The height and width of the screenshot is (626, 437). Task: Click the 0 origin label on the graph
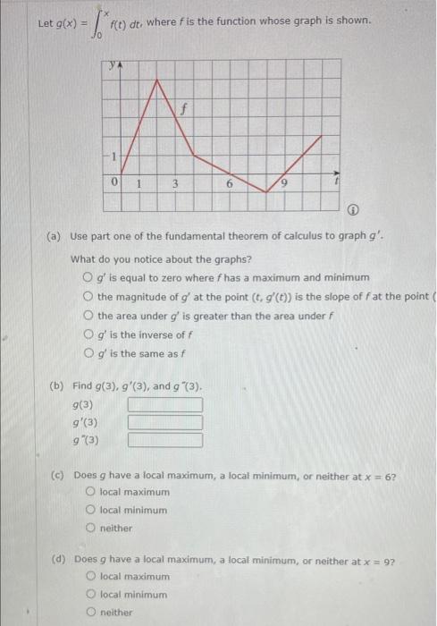[115, 182]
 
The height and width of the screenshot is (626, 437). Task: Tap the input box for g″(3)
[164, 439]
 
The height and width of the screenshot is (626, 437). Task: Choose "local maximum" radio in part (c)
[91, 492]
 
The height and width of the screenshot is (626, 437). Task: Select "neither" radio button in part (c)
[91, 528]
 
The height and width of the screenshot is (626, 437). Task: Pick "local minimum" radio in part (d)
[91, 594]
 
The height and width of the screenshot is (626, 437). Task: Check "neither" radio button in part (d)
[91, 612]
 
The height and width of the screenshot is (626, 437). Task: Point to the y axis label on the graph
[113, 65]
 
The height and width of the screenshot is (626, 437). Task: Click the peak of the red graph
[157, 78]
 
